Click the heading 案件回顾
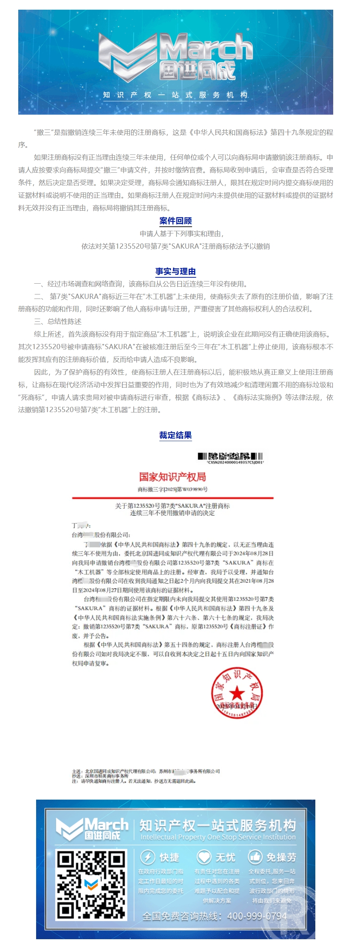point(175,221)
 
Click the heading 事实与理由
point(175,271)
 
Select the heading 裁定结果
point(175,435)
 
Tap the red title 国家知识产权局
point(172,477)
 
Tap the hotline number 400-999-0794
point(257,916)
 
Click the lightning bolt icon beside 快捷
point(147,857)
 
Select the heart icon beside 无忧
point(204,857)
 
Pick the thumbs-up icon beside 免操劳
point(255,857)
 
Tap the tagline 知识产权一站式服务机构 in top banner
point(175,95)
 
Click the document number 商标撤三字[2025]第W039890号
point(172,489)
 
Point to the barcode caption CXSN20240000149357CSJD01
point(235,462)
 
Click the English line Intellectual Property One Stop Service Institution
point(218,837)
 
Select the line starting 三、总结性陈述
point(58,322)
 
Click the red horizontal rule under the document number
point(172,498)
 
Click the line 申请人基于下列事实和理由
point(182,234)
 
